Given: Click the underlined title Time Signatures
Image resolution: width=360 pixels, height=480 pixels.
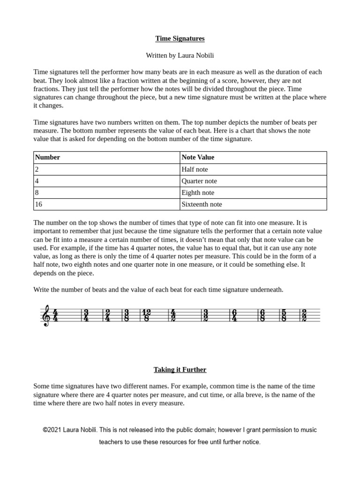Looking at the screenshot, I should tap(180, 38).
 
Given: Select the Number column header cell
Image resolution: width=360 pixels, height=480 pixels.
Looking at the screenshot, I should tap(107, 157).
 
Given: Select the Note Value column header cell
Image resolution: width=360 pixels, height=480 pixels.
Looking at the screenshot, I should tap(253, 157).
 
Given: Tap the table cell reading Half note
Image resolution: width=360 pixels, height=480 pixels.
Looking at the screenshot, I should tap(253, 169).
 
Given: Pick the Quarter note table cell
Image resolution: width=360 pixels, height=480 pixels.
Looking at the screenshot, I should tap(253, 181).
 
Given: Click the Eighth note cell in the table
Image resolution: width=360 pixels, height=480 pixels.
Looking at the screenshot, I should tap(253, 193).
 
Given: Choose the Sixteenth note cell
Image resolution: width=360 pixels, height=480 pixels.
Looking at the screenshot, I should tap(253, 204).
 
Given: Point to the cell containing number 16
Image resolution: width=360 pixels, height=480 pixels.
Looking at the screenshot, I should tap(107, 204).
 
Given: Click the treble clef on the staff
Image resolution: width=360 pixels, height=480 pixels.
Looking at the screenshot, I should tap(46, 315).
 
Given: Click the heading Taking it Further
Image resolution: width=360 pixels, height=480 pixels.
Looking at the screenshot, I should tap(180, 369).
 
